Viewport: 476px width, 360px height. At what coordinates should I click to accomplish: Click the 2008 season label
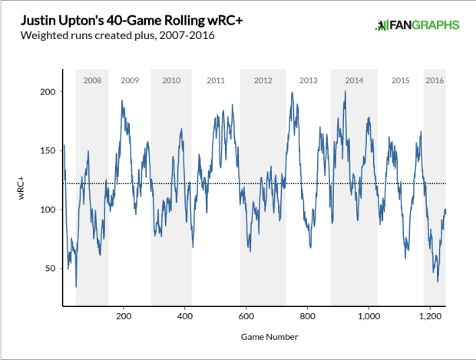tap(91, 81)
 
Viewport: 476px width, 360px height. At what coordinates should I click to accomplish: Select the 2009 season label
tap(130, 81)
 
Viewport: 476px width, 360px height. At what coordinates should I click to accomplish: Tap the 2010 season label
tap(171, 81)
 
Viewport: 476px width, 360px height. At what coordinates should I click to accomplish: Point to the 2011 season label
tap(216, 81)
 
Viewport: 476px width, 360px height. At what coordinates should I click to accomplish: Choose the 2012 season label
tap(263, 81)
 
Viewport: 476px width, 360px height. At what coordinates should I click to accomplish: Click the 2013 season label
tap(308, 81)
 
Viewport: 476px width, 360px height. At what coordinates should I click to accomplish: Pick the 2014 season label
tap(354, 81)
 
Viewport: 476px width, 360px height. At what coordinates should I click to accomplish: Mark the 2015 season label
tap(401, 81)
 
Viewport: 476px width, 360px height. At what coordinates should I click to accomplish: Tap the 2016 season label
tap(435, 81)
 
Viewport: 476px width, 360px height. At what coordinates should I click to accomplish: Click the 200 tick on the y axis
tap(48, 92)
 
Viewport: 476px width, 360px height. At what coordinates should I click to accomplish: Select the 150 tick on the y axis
tap(48, 151)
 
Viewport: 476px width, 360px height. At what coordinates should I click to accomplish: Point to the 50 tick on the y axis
tap(51, 269)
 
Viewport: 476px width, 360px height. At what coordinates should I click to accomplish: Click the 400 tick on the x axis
tap(185, 315)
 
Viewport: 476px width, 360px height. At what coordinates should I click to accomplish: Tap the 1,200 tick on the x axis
tap(430, 315)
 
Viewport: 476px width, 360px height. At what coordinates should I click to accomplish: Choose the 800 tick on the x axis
tap(307, 315)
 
